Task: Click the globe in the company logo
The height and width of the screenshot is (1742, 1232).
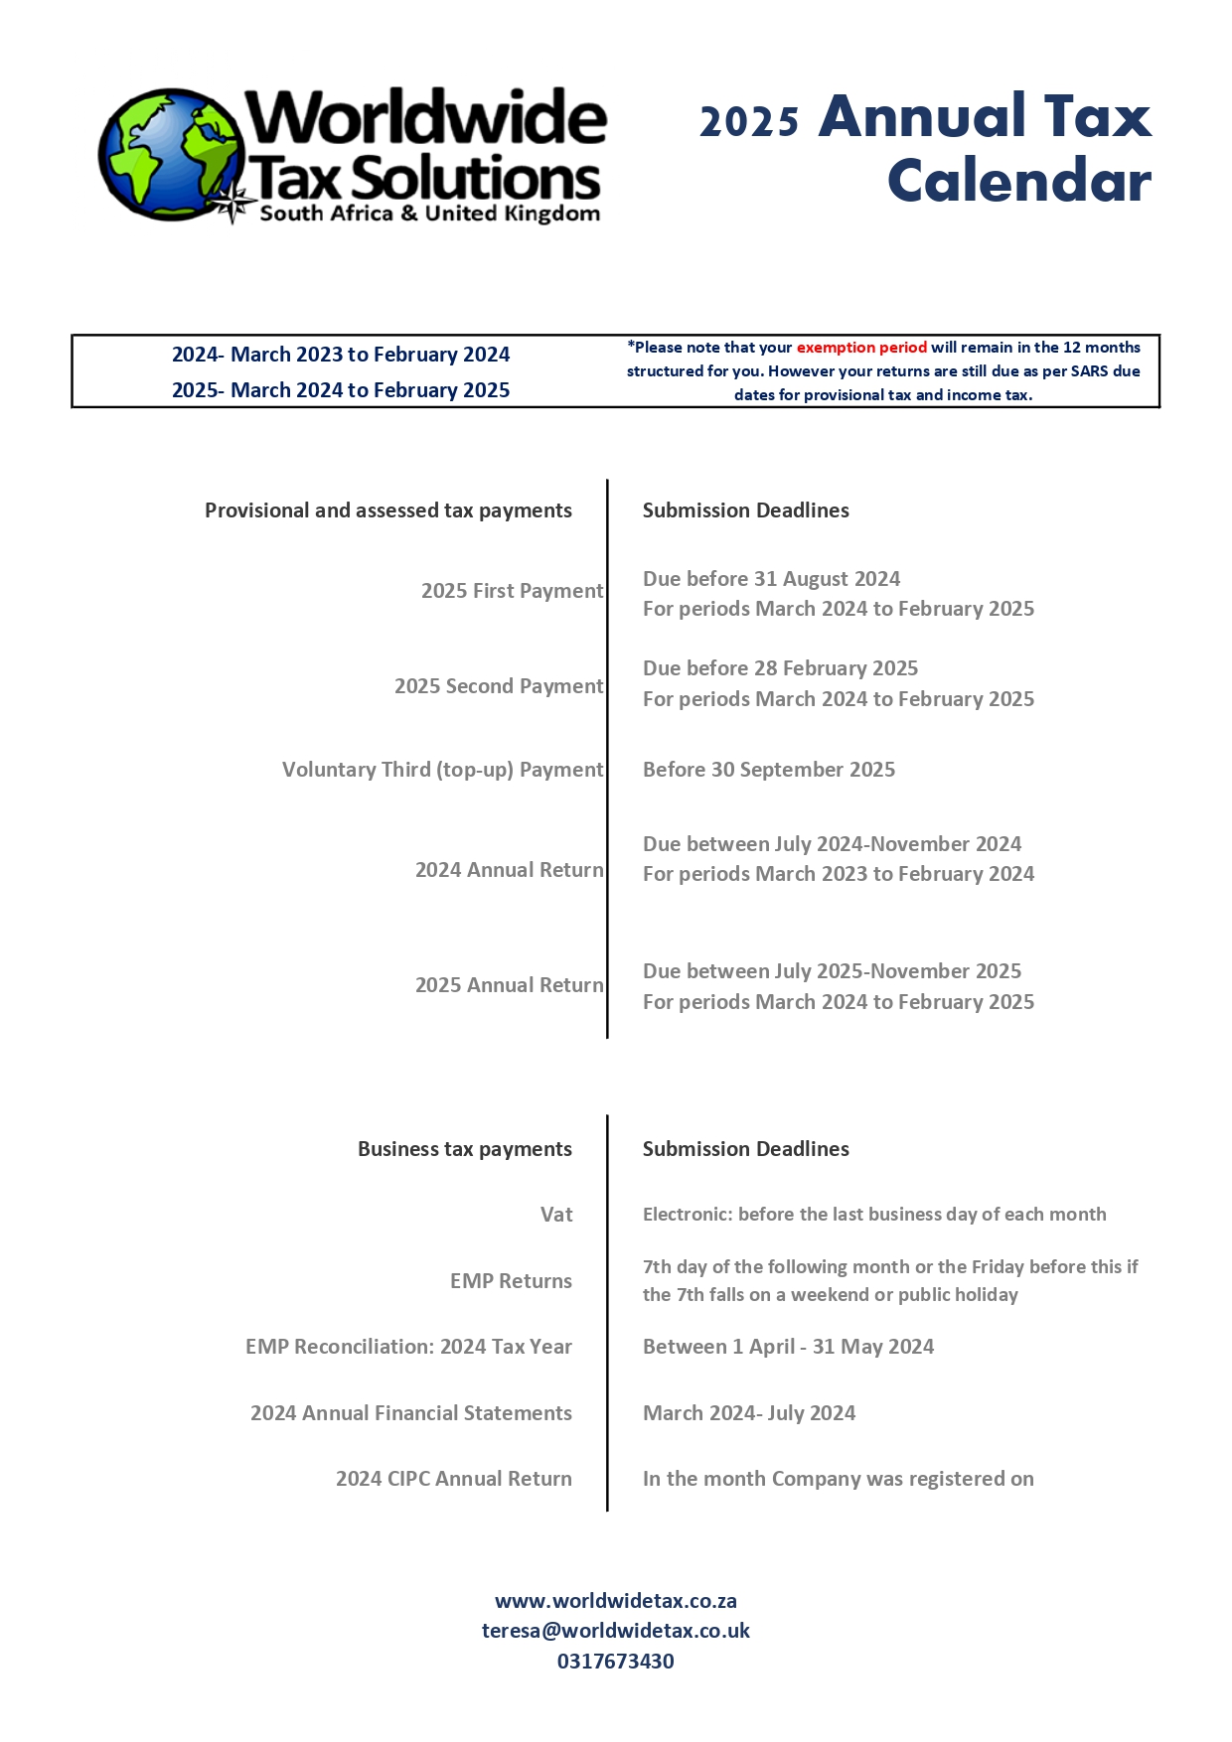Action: tap(171, 154)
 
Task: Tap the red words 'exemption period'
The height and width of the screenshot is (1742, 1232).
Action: tap(861, 348)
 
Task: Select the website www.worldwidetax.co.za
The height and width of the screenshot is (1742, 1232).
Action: tap(616, 1601)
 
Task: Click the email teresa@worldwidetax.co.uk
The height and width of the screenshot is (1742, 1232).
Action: tap(616, 1631)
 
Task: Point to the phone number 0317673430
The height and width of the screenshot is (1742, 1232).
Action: tap(616, 1662)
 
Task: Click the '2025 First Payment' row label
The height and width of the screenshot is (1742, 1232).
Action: tap(512, 591)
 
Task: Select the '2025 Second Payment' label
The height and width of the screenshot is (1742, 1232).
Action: tap(499, 686)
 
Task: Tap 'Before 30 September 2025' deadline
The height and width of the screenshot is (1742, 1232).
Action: tap(769, 770)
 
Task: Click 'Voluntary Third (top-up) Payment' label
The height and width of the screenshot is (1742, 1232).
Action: tap(443, 770)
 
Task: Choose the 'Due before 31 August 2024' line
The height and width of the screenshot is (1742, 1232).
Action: tap(772, 579)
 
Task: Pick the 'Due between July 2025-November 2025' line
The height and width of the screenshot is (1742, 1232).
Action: tap(833, 971)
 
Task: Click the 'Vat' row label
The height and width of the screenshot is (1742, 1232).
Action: tap(556, 1215)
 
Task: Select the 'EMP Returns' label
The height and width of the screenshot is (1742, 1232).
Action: tap(511, 1281)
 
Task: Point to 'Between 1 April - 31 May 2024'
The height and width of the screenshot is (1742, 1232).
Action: tap(789, 1347)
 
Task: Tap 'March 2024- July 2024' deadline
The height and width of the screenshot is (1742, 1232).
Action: tap(749, 1413)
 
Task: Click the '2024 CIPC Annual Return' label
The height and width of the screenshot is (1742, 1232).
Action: tap(454, 1479)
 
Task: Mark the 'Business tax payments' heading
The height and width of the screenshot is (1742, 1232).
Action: tap(465, 1149)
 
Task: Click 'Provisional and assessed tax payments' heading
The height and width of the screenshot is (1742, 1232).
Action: tap(388, 510)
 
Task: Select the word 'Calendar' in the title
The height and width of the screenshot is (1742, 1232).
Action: tap(1019, 182)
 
